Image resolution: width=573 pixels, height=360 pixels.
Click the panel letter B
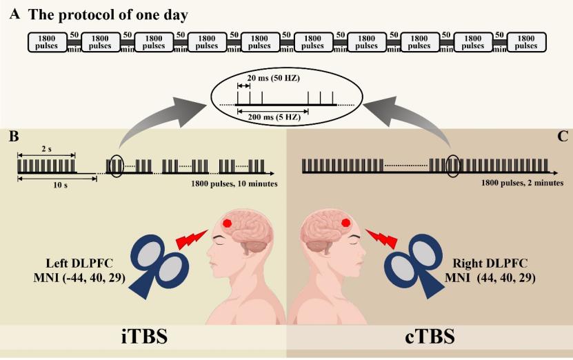coord(13,136)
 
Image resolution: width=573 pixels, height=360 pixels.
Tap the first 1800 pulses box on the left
coord(47,42)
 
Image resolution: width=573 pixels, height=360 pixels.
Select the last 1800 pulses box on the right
coord(526,42)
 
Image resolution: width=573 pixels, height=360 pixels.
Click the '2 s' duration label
coord(46,148)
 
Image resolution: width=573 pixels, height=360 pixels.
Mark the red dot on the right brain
coord(346,222)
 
